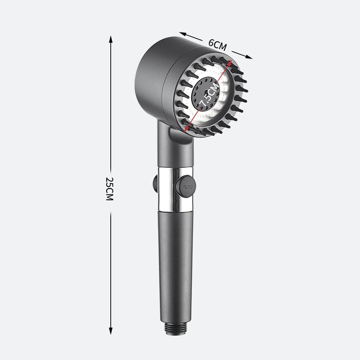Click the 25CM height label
point(109,189)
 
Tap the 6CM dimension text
point(217,44)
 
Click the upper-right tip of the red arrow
point(231,62)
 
